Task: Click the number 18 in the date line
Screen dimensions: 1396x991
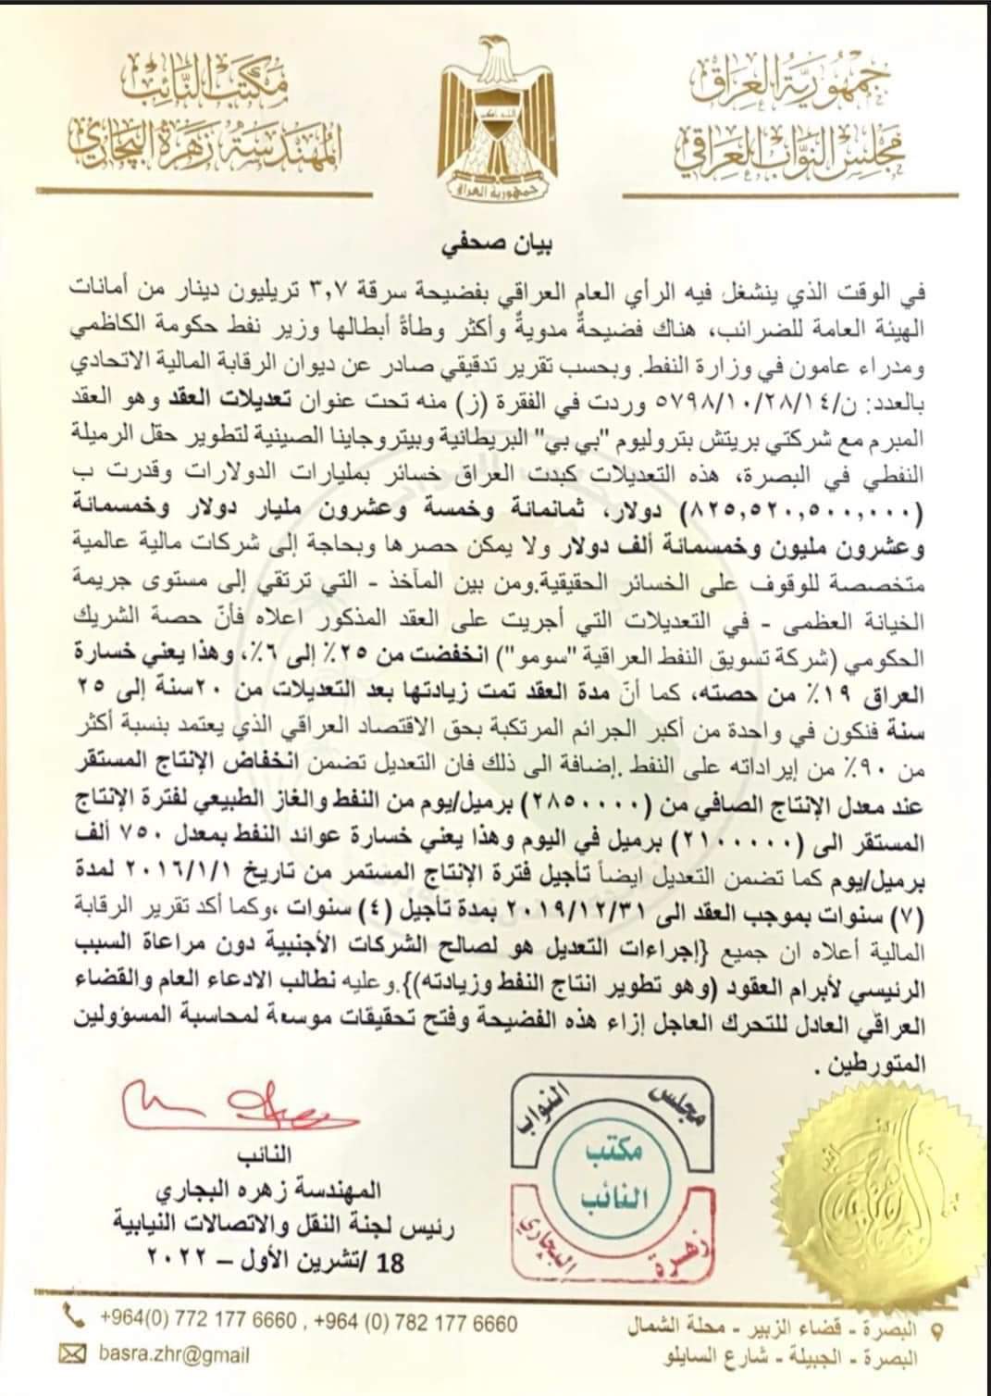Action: click(390, 1262)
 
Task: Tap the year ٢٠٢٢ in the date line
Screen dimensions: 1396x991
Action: click(184, 1261)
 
